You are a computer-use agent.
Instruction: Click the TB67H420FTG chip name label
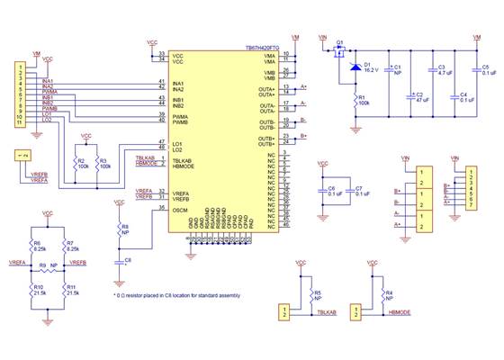click(255, 49)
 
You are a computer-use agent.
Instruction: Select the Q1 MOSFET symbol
click(339, 55)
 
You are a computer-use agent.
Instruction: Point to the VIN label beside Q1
click(323, 39)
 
